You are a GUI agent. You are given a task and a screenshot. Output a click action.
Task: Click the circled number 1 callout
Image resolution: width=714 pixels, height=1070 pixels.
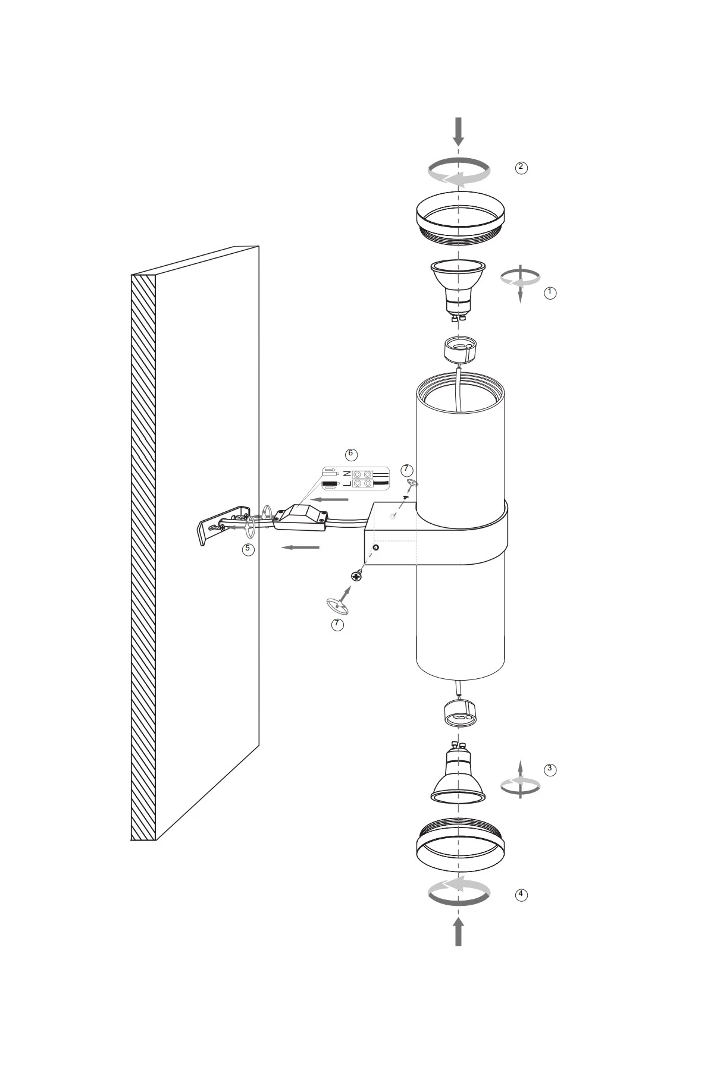(x=550, y=292)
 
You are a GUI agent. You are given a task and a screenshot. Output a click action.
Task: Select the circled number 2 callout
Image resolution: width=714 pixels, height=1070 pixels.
(x=521, y=167)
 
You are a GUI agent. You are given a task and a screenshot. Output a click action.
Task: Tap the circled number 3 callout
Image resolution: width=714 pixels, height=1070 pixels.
(x=550, y=769)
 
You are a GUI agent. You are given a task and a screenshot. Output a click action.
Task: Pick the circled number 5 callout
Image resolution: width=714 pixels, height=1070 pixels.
(x=248, y=549)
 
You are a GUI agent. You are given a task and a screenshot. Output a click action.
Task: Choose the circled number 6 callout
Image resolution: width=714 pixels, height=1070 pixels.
(x=350, y=454)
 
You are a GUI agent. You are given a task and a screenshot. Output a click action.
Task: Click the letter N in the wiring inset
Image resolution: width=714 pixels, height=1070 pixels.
(x=346, y=474)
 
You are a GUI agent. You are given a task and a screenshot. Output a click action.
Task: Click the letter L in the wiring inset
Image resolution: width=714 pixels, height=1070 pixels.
(x=346, y=484)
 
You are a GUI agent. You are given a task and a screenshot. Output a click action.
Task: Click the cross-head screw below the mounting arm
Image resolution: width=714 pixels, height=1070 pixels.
(x=357, y=575)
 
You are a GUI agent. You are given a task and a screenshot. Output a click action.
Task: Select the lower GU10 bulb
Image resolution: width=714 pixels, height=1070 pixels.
(x=458, y=772)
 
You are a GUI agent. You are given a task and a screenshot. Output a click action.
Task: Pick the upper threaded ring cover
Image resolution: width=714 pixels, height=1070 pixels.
(x=460, y=218)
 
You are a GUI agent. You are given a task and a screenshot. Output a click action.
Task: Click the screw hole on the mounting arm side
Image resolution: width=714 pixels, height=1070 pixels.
(x=375, y=546)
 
